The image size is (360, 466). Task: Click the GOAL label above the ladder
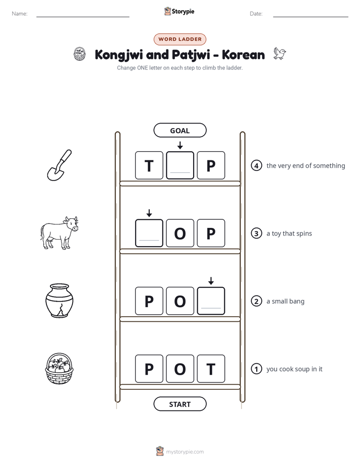point(180,131)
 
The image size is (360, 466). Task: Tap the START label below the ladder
point(180,404)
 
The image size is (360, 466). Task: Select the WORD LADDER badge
point(180,39)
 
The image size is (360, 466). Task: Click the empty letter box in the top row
point(180,165)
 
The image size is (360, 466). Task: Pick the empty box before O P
point(149,234)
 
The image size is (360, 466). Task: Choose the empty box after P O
point(211,301)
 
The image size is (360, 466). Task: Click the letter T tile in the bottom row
point(211,369)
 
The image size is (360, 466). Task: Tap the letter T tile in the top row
point(149,165)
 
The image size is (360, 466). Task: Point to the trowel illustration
point(59,165)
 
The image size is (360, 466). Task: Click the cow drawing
point(59,233)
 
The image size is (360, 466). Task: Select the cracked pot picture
point(59,301)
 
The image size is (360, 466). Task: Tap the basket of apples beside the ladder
point(59,369)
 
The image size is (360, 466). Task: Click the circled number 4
point(256,165)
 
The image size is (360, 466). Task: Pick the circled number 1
point(256,369)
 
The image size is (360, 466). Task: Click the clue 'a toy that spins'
point(289,234)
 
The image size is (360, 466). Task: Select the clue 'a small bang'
point(285,302)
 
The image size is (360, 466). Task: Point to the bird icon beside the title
point(279,53)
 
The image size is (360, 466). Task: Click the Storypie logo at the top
point(179,11)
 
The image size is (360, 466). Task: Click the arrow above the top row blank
point(180,145)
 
